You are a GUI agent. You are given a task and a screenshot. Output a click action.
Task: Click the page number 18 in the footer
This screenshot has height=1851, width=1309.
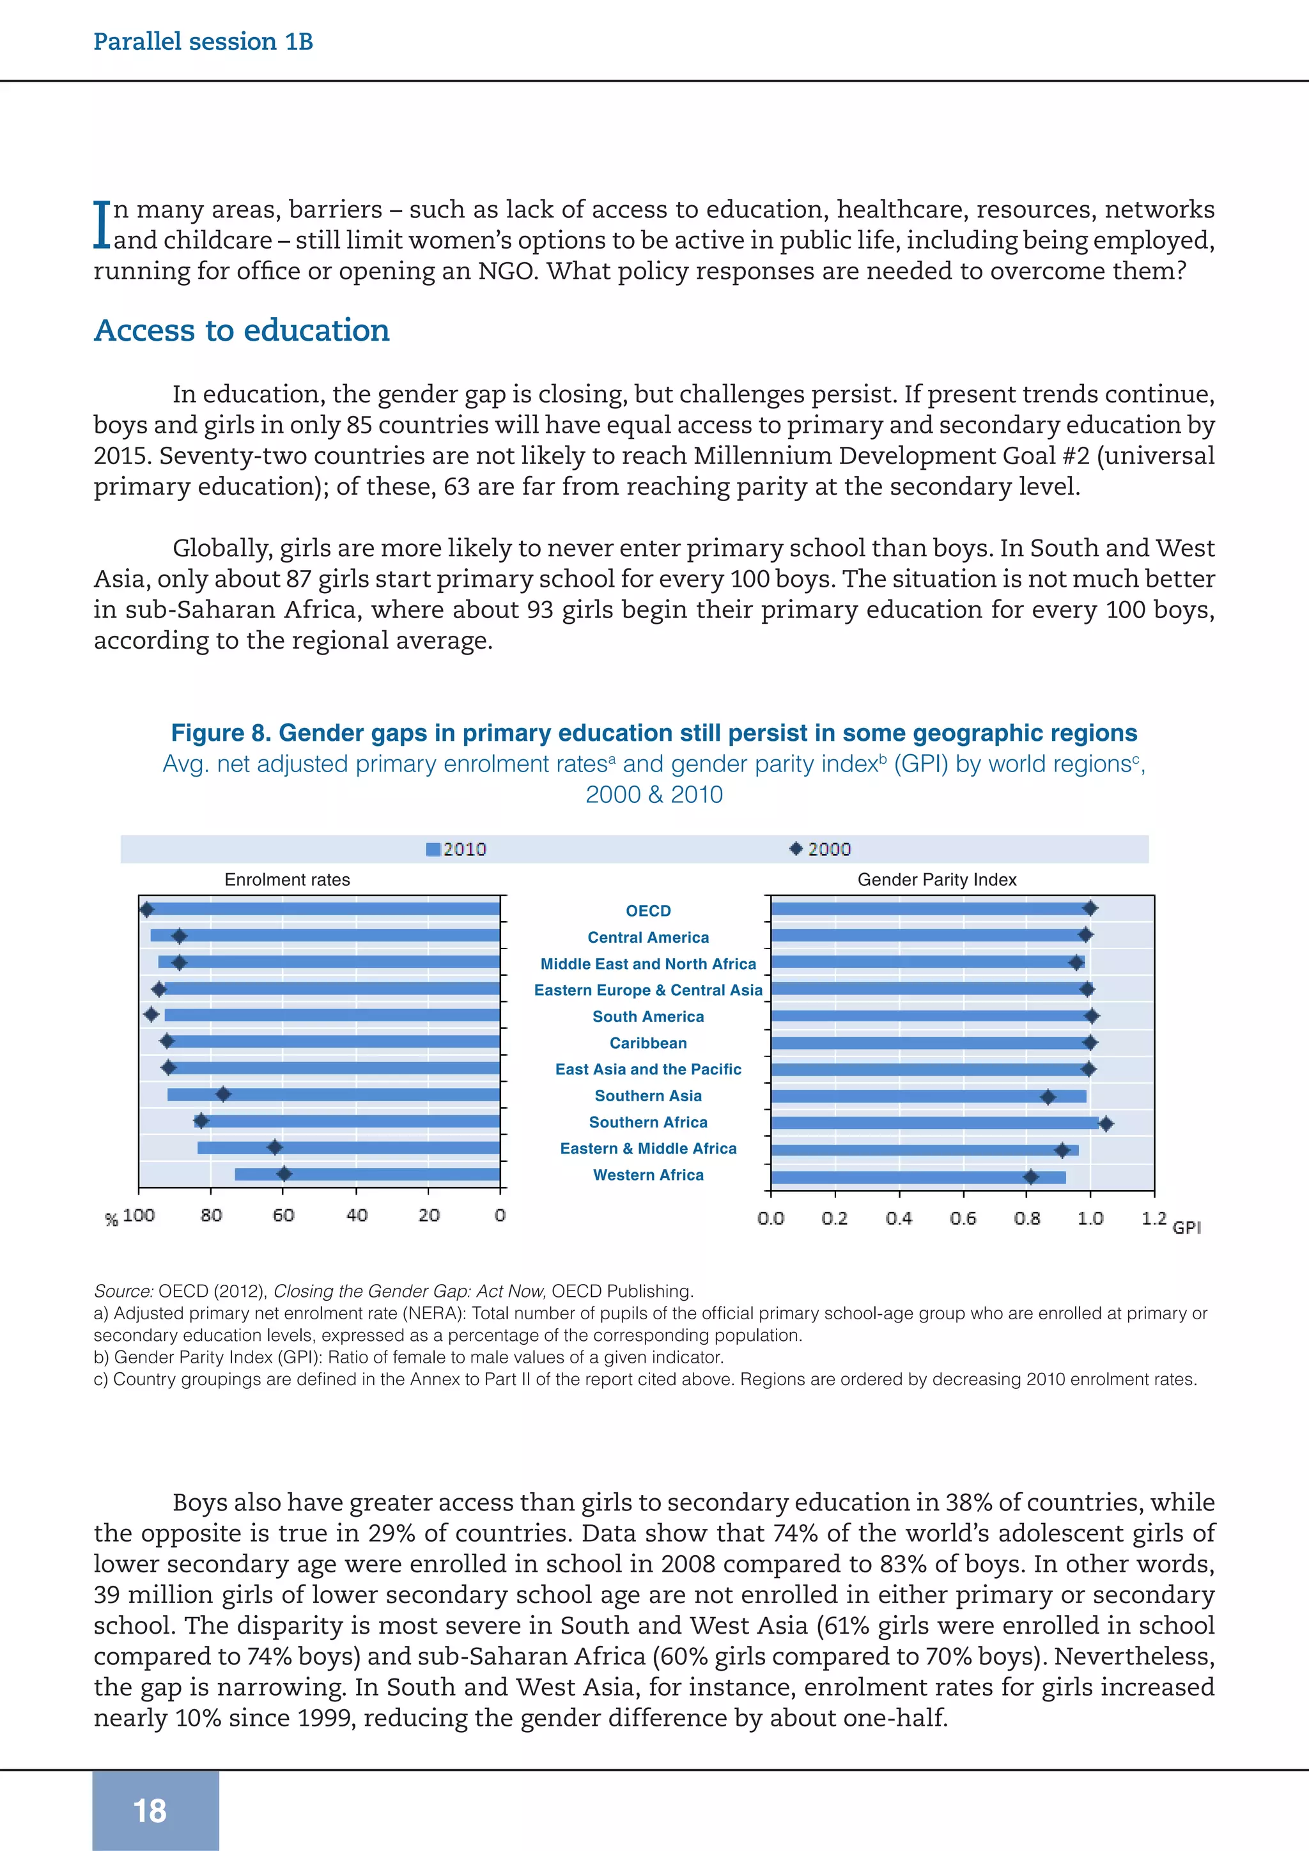pos(150,1810)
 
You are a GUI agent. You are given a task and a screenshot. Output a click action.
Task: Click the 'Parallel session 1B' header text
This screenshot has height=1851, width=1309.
pos(203,41)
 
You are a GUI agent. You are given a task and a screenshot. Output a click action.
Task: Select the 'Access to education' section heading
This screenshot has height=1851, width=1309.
pos(242,330)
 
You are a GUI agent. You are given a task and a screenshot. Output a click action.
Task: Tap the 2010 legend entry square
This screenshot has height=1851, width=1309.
pos(433,849)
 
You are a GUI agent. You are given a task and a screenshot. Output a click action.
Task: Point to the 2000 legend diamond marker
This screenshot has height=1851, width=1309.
pos(796,848)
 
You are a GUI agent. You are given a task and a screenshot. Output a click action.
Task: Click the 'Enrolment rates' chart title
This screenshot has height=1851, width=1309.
pos(287,879)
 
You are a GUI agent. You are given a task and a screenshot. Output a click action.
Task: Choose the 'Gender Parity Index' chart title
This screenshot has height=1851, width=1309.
pos(936,879)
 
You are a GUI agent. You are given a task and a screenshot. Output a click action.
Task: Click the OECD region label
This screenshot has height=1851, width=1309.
pos(648,911)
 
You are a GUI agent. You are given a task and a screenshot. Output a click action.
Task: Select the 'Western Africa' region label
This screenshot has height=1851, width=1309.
pos(648,1175)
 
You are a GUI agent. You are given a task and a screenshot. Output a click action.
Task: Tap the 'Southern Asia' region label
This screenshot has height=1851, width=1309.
pos(648,1096)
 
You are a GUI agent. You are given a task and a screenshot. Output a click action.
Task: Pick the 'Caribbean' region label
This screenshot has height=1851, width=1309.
pos(648,1043)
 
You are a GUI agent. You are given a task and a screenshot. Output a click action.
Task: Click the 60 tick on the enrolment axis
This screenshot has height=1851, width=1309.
pos(283,1215)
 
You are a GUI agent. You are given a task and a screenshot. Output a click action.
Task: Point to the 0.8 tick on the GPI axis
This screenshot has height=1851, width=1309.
pos(1027,1218)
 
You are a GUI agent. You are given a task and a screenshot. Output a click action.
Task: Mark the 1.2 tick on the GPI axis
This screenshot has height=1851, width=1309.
pos(1154,1218)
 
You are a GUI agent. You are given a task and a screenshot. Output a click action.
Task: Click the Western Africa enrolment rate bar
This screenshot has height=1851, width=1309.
pos(367,1173)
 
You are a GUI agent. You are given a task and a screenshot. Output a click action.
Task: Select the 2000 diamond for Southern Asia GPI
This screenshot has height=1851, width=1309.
pos(1048,1096)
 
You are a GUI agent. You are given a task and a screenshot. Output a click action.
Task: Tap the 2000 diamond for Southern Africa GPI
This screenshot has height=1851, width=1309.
pos(1106,1123)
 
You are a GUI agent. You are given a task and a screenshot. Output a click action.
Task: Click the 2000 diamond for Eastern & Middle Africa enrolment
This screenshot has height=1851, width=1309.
pos(275,1147)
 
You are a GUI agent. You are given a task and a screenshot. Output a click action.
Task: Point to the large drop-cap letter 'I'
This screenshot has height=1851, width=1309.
pos(102,224)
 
